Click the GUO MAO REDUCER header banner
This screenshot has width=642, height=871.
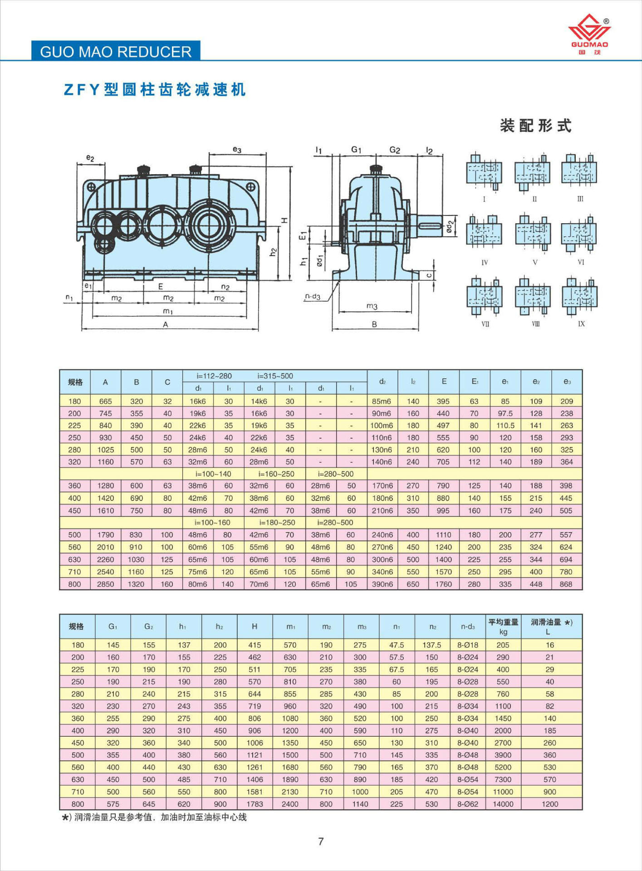coord(116,52)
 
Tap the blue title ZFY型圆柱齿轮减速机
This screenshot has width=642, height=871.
coord(155,89)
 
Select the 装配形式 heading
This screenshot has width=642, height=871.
coord(535,125)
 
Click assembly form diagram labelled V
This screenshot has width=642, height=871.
coord(534,234)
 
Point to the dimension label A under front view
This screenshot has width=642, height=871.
coord(166,324)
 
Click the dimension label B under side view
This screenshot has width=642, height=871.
coord(374,324)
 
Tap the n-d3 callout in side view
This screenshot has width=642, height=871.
coord(313,297)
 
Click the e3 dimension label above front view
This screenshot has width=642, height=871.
coord(237,149)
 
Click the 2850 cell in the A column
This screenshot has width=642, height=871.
coord(105,584)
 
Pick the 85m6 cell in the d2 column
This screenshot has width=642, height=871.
coord(382,401)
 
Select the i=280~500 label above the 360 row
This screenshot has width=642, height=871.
coord(336,474)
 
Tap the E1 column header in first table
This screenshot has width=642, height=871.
coord(475,382)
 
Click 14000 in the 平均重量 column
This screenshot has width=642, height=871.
coord(503,804)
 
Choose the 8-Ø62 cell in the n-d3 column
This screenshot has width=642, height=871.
coord(467,804)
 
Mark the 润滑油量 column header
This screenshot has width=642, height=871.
coord(551,626)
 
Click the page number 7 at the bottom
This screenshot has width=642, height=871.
coord(321,842)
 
